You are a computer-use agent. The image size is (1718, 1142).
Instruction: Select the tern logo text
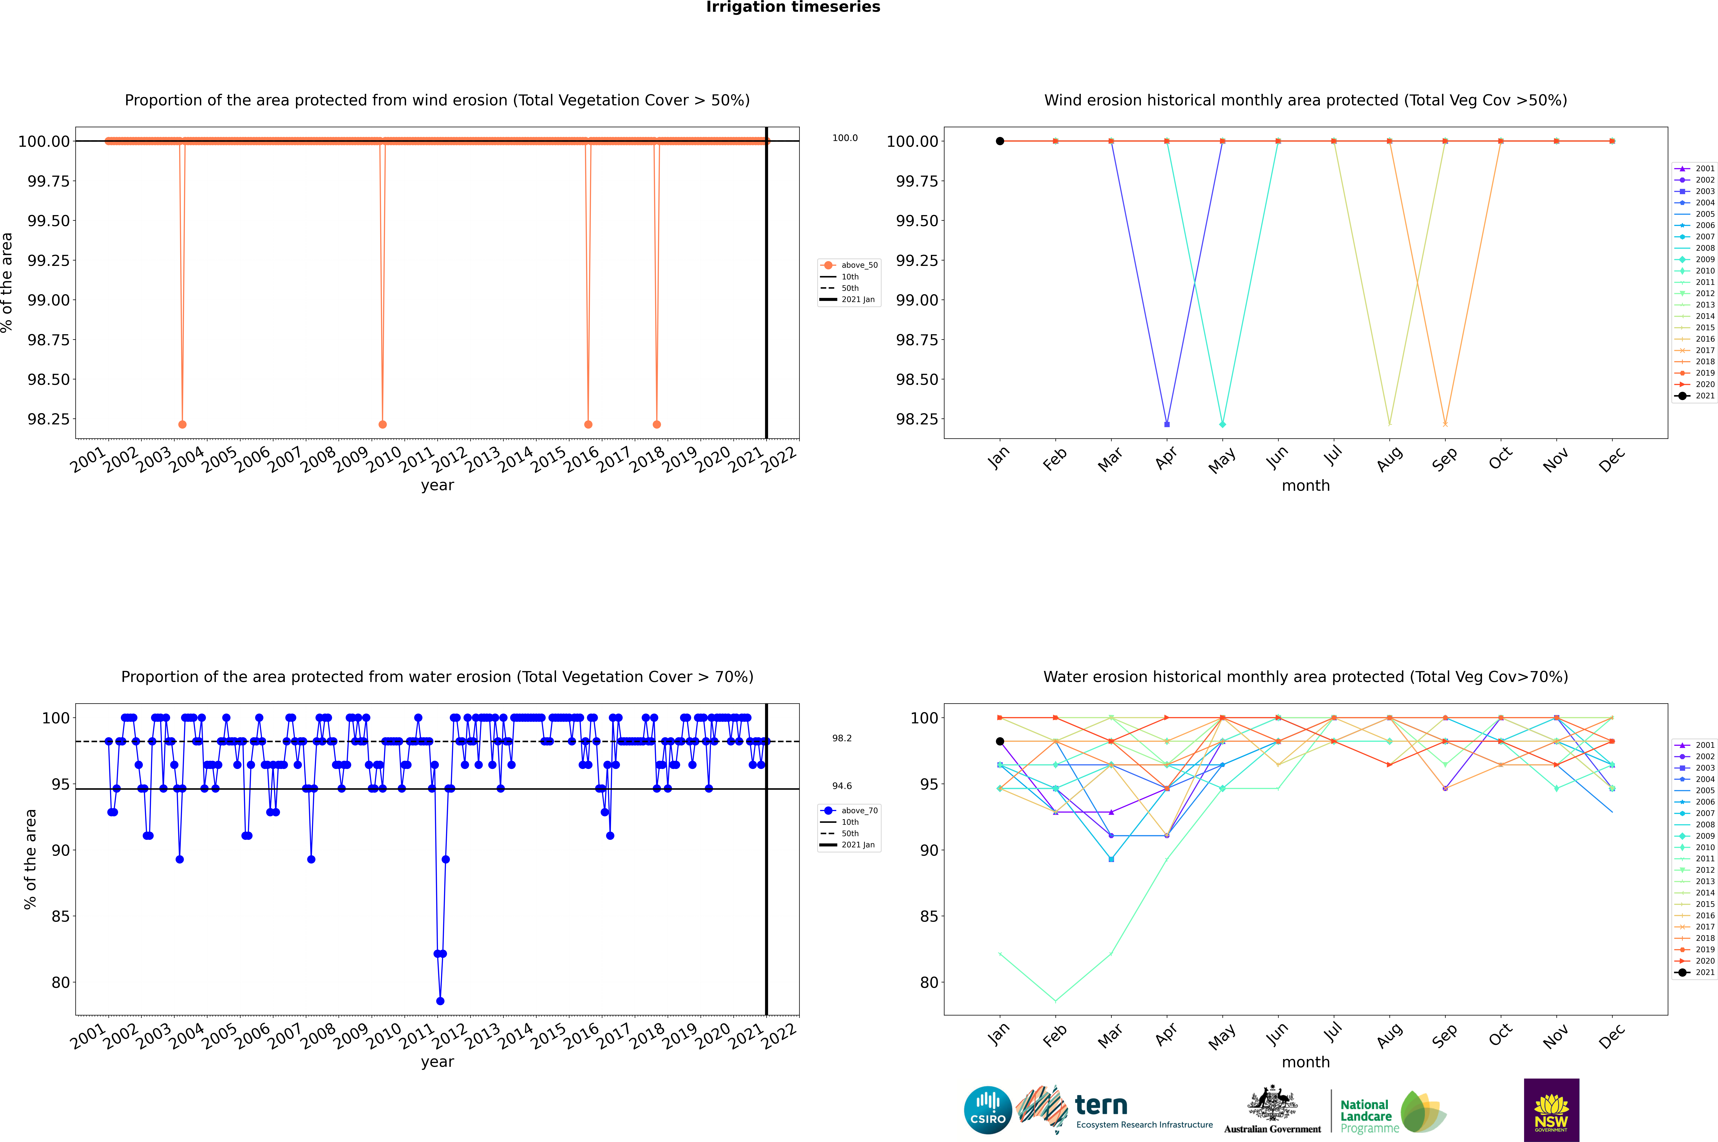1101,1106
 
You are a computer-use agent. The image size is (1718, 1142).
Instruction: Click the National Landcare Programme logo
1393,1112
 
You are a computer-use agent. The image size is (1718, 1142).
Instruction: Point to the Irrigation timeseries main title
793,7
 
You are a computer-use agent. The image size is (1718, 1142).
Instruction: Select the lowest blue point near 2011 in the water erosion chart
440,1001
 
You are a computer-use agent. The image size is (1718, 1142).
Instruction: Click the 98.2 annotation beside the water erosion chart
842,739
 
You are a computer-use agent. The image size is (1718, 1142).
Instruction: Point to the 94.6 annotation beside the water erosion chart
842,786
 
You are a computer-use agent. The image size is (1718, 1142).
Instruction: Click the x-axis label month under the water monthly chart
1305,1062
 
